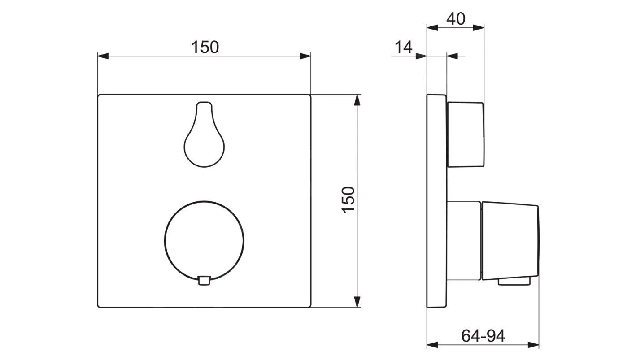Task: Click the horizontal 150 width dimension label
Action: point(205,47)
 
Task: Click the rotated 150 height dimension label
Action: point(348,200)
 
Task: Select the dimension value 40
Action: point(456,19)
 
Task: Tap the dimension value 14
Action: point(403,47)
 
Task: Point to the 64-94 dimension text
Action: point(483,335)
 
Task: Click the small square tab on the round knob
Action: point(204,281)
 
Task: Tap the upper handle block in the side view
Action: point(466,134)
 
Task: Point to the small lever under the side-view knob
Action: point(514,281)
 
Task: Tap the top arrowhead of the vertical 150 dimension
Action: point(357,100)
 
